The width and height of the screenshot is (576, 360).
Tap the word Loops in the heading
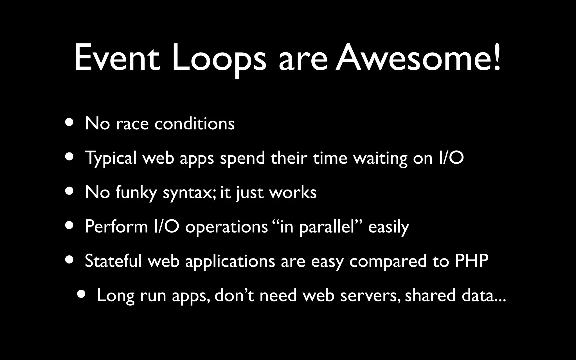[219, 58]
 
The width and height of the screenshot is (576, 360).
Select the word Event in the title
[117, 58]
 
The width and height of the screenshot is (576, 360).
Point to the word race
[132, 124]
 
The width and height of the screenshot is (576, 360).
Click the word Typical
[111, 158]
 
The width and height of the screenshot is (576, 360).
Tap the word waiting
[380, 158]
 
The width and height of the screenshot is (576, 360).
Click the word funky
[136, 193]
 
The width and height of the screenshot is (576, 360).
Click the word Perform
[116, 226]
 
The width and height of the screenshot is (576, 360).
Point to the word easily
[388, 227]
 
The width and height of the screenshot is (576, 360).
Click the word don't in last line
[234, 295]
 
